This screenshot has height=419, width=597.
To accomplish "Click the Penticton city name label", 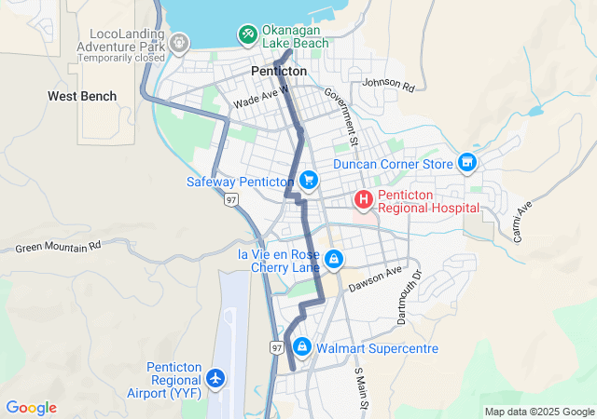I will point(279,71).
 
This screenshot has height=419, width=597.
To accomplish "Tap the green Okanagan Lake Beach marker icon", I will point(247,35).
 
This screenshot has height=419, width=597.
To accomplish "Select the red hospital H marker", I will point(362,199).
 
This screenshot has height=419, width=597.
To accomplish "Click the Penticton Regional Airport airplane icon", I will point(216,379).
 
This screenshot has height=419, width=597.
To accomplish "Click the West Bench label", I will point(83,96).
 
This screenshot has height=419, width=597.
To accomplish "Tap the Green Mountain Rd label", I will point(58,248).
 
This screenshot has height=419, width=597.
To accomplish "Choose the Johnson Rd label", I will point(387,84).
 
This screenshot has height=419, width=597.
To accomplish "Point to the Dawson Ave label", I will point(375,278).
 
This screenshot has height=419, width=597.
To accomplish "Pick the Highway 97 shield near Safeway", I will point(231,199).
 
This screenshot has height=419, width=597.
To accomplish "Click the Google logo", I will point(31,408).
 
